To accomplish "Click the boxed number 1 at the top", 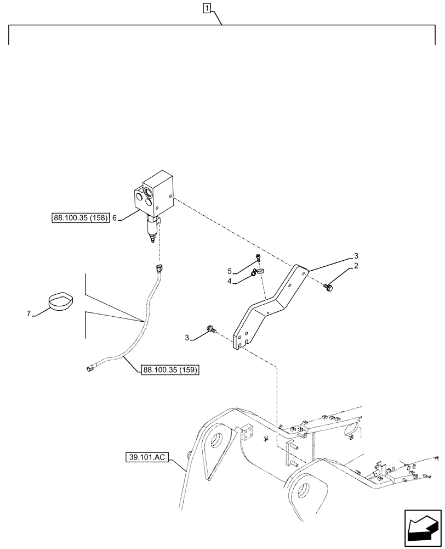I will (207, 8).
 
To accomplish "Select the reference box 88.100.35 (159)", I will (170, 370).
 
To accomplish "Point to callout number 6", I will (115, 218).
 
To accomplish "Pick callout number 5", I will (231, 271).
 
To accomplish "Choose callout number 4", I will (231, 282).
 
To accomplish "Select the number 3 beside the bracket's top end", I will (356, 256).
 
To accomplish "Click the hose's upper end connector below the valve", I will (159, 268).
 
